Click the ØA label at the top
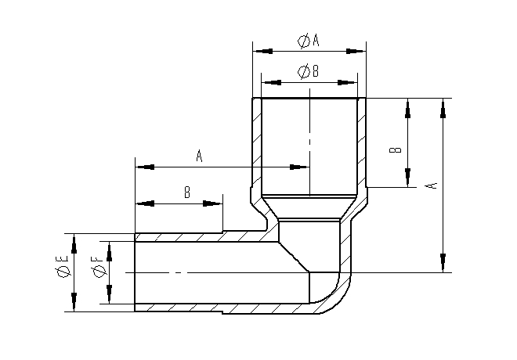coord(309,41)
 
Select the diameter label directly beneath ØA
coord(309,71)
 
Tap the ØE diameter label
coord(62,266)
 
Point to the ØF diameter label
coord(99,267)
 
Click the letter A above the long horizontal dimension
coord(199,156)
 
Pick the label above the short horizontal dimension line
coord(187,192)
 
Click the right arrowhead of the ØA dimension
coord(356,51)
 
